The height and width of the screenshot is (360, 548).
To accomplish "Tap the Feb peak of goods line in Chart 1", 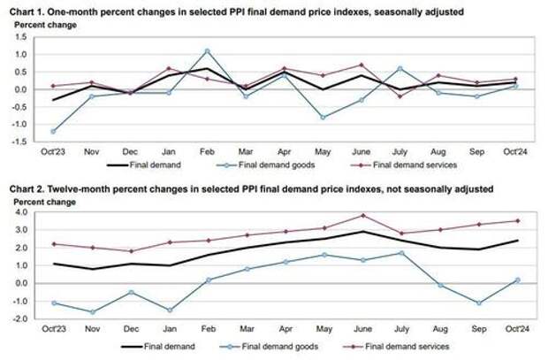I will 207,50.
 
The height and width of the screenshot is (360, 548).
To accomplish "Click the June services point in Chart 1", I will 362,65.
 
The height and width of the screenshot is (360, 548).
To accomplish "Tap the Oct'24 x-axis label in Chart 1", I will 516,154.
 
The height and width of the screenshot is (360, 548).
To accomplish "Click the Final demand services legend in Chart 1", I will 400,165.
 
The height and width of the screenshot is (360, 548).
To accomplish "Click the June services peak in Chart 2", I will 362,216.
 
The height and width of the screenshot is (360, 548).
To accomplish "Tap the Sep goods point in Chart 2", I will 477,303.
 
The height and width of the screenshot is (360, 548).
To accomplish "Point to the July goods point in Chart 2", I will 400,253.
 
